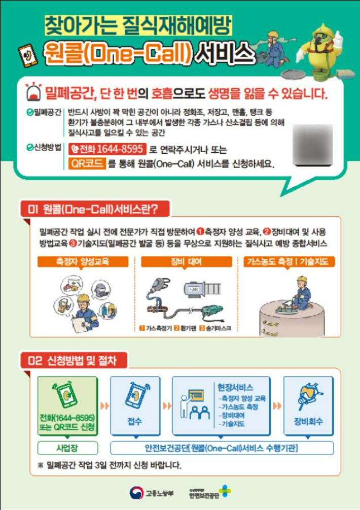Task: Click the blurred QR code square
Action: point(313,145)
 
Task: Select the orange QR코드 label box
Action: point(87,163)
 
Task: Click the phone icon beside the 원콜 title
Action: point(28,54)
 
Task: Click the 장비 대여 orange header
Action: point(186,262)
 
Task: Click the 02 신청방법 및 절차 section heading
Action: point(74,361)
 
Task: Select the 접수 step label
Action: point(134,421)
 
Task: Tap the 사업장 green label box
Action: point(68,448)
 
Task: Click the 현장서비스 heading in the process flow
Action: point(235,387)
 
